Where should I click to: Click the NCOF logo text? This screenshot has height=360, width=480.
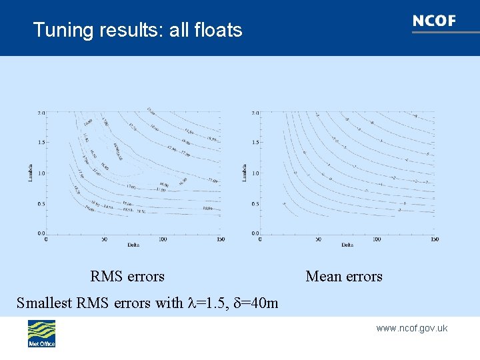click(434, 21)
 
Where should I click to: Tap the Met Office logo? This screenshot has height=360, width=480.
click(41, 333)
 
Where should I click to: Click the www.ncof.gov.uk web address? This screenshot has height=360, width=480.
click(411, 328)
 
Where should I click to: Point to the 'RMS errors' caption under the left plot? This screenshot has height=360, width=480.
click(127, 276)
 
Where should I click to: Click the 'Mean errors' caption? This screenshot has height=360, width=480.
click(344, 276)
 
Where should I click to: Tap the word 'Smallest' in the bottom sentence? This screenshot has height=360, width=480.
click(45, 303)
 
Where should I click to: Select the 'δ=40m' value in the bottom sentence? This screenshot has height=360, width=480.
click(254, 303)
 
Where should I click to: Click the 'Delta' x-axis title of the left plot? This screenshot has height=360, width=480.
click(133, 245)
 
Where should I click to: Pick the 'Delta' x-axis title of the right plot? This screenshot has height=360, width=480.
click(347, 245)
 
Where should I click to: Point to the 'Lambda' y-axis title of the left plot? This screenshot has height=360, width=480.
click(31, 173)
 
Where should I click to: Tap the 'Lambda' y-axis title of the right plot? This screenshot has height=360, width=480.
click(245, 173)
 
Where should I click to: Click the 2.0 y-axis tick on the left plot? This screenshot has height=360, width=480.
click(41, 113)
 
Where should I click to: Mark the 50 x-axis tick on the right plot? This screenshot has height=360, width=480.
click(318, 239)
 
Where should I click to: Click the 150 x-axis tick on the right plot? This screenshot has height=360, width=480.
click(434, 239)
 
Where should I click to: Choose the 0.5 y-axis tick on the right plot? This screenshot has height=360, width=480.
click(255, 203)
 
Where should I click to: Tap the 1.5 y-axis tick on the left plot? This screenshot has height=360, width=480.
click(41, 143)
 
